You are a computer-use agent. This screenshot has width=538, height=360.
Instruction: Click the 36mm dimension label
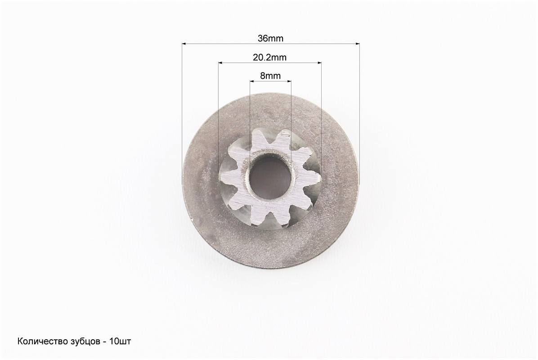coord(270,38)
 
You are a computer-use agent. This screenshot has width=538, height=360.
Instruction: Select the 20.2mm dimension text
coord(270,57)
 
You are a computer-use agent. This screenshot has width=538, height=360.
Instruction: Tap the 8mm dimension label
coord(270,76)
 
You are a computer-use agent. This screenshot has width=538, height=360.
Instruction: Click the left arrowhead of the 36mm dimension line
coord(184,44)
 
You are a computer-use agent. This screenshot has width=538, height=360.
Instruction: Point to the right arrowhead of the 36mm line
coord(358,44)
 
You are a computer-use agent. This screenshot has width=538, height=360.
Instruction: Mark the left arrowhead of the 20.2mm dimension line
coord(220,63)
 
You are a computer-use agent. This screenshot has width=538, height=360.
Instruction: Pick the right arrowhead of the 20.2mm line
coord(319,63)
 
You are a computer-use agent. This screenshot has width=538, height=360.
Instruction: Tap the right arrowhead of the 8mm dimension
coord(289,81)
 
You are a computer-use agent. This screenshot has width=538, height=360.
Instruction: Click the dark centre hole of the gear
coord(270,177)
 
